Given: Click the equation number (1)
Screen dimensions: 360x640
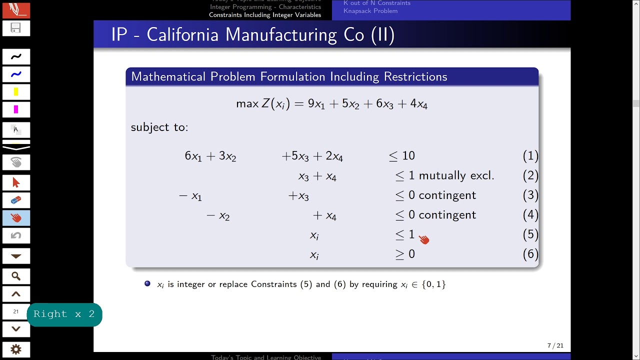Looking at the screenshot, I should click(x=530, y=156).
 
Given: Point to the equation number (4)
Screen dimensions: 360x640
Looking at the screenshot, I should click(x=530, y=215).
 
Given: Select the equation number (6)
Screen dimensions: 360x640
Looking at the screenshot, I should click(x=530, y=254).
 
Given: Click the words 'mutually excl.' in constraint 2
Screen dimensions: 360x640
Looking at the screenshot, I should click(x=456, y=175).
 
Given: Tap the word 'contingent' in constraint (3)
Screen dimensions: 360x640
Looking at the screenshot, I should click(x=447, y=195).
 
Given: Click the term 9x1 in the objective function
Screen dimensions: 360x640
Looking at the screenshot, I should click(x=316, y=104).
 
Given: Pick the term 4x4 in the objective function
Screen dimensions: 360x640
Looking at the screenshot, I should click(x=418, y=104).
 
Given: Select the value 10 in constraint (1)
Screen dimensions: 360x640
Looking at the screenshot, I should click(x=408, y=156).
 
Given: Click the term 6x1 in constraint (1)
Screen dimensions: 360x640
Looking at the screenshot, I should click(x=193, y=156).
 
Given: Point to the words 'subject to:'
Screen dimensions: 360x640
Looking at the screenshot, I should click(x=159, y=127).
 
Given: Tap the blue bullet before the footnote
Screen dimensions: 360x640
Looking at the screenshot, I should click(x=147, y=283).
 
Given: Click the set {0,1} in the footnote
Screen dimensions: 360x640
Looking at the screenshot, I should click(x=433, y=284).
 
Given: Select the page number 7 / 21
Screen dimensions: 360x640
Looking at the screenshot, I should click(x=555, y=345).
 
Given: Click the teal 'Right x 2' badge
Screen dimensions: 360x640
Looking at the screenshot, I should click(x=64, y=314).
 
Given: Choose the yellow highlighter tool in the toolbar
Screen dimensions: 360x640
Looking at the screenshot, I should click(x=16, y=92).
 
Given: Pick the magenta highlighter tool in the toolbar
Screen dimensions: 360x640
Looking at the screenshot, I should click(x=16, y=109).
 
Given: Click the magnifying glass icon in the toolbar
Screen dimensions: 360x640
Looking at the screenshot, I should click(x=16, y=276).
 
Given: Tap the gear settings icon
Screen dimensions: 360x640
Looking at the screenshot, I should click(x=16, y=349).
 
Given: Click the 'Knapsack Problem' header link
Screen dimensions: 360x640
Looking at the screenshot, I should click(x=370, y=11).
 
